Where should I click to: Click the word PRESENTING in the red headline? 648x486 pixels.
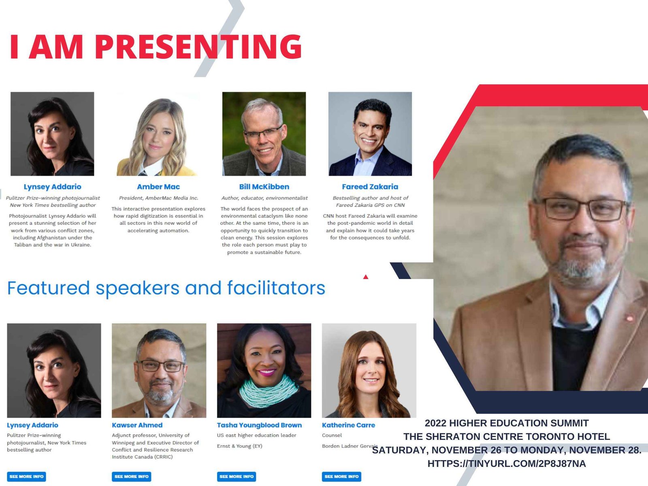(x=198, y=47)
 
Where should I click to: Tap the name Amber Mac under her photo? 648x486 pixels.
(x=158, y=186)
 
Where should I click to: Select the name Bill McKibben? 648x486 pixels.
(x=264, y=186)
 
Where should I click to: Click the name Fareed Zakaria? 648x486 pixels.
(x=370, y=186)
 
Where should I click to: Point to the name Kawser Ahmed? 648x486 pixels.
(x=137, y=425)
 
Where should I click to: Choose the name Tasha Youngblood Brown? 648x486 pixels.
(x=259, y=425)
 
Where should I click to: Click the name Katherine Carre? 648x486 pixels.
(x=348, y=425)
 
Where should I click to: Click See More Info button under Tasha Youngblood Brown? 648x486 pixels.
(x=237, y=477)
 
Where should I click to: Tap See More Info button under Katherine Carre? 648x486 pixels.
(x=341, y=477)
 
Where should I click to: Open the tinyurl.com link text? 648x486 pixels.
(x=507, y=464)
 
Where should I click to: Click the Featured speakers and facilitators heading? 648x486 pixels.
(x=166, y=288)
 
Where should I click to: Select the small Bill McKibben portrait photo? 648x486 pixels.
(x=264, y=134)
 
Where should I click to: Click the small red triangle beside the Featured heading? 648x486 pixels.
(x=366, y=277)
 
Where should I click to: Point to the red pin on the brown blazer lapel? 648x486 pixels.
(x=630, y=318)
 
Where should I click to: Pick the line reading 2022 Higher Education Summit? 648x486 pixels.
(x=507, y=423)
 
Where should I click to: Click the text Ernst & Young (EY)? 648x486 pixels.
(x=239, y=446)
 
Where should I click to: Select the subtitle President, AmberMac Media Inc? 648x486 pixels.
(x=158, y=198)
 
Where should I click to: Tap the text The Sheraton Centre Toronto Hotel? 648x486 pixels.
(x=507, y=437)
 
